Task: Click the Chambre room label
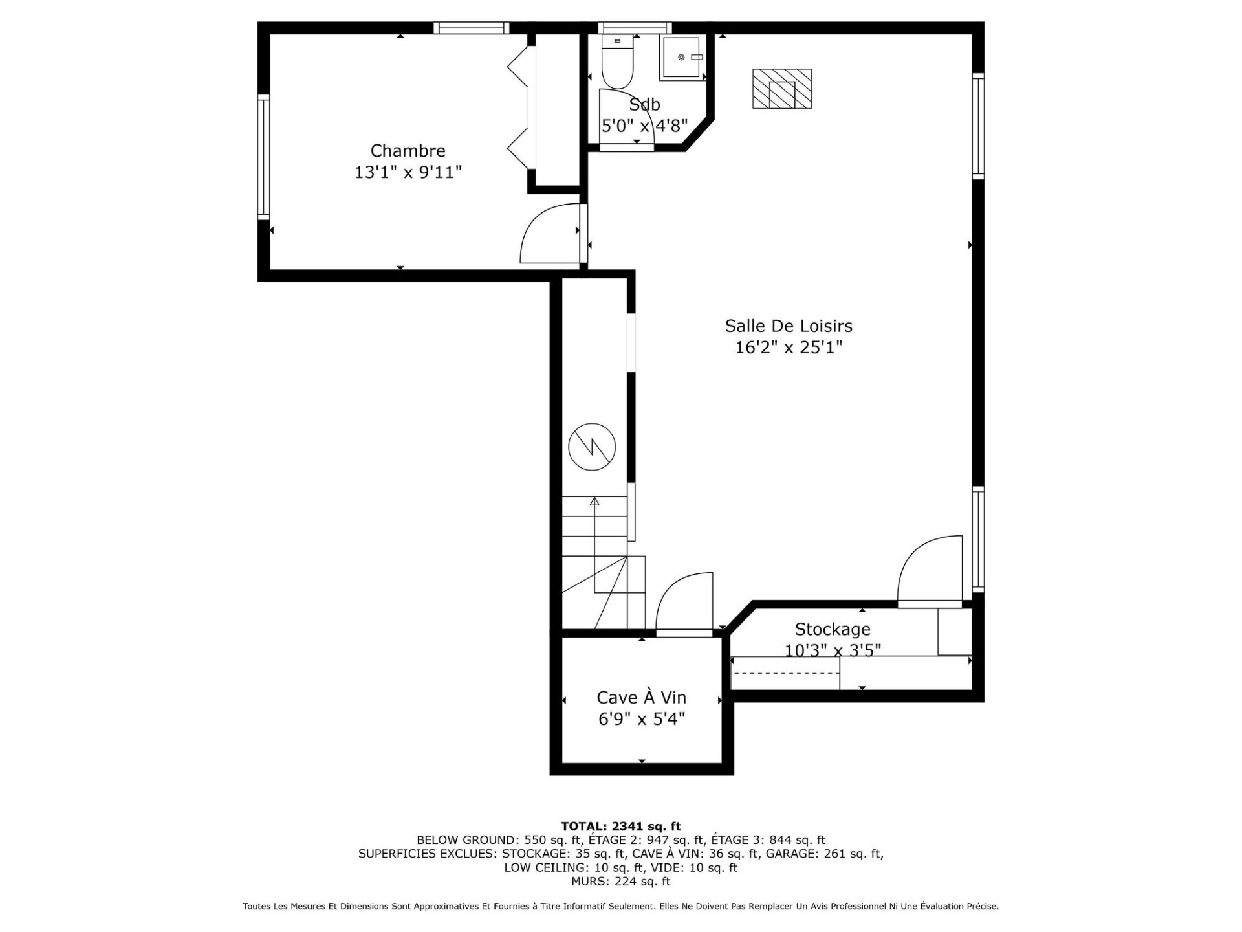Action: (x=408, y=151)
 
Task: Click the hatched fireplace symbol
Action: (x=781, y=89)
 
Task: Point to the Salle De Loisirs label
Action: (x=789, y=326)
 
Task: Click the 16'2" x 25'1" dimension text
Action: (x=789, y=348)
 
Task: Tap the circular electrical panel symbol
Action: (x=592, y=447)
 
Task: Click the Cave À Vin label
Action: (x=641, y=697)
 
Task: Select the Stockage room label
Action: (x=833, y=629)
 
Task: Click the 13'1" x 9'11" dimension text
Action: (x=408, y=173)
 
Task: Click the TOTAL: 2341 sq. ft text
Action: (x=620, y=826)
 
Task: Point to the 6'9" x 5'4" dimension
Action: (x=641, y=719)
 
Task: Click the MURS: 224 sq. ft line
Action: (x=620, y=882)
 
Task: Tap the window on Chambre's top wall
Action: (x=471, y=28)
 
